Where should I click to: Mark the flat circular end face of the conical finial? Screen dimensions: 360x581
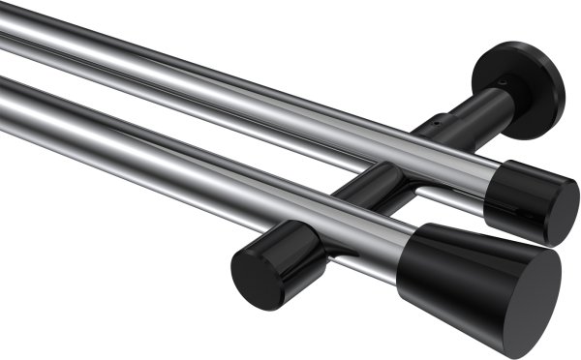pyautogui.click(x=528, y=291)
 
